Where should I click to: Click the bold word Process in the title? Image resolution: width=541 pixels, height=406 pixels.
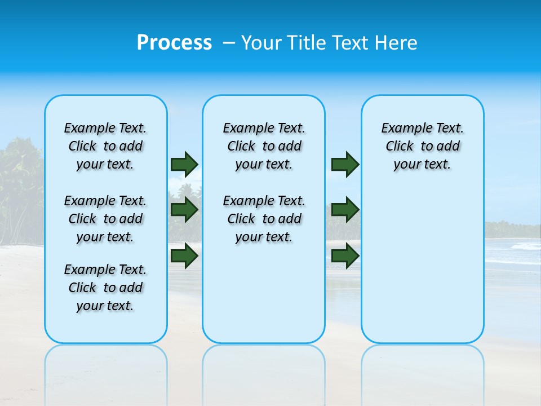[x=174, y=43]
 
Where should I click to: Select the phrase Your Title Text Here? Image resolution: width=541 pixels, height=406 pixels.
[x=329, y=43]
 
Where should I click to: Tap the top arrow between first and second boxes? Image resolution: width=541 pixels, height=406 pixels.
[x=184, y=164]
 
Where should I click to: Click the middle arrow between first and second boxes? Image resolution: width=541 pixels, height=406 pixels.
[x=184, y=210]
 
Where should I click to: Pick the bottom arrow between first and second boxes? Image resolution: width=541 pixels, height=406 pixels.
[x=184, y=255]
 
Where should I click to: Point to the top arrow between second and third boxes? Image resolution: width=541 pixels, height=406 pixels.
[x=345, y=164]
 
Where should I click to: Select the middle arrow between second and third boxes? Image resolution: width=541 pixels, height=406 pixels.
[x=345, y=210]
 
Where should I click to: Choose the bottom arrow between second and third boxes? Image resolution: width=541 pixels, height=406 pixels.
[x=345, y=255]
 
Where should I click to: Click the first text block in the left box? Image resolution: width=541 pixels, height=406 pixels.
[x=105, y=146]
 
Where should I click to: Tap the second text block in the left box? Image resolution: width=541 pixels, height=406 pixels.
[x=105, y=219]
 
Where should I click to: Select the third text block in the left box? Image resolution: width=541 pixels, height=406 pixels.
[x=105, y=288]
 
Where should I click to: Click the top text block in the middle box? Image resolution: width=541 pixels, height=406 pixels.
[x=264, y=146]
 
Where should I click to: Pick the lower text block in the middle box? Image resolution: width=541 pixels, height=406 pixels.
[x=264, y=219]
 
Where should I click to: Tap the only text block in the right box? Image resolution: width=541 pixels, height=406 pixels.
[x=422, y=146]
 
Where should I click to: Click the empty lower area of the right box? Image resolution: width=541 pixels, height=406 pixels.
[x=422, y=265]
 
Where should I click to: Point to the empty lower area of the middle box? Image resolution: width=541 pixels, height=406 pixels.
[x=264, y=293]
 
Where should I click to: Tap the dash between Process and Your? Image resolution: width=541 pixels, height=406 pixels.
[x=229, y=43]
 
